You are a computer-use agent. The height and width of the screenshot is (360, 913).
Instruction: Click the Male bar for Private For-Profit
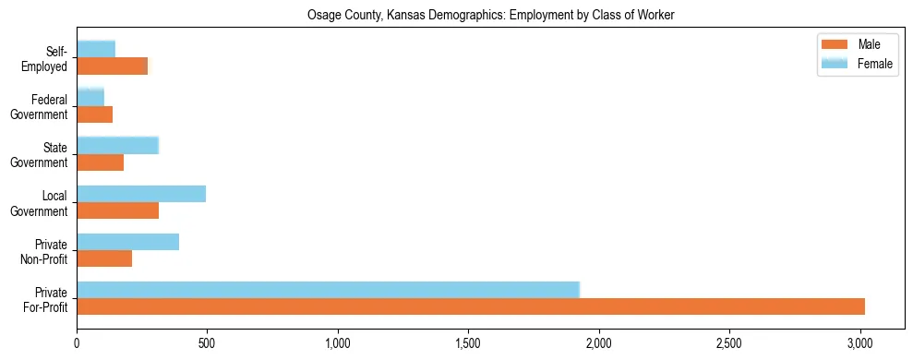tap(471, 306)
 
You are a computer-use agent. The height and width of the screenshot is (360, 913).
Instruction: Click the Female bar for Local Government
tap(141, 194)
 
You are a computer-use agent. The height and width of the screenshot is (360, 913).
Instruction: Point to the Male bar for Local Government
tap(118, 210)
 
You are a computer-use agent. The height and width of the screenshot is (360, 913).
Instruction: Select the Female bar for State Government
tap(118, 145)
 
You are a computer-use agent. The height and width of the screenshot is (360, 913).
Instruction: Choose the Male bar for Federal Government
tap(95, 114)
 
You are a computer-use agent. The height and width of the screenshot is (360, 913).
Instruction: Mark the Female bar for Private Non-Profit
tap(128, 242)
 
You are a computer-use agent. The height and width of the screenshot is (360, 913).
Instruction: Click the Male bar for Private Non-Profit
tap(104, 258)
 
